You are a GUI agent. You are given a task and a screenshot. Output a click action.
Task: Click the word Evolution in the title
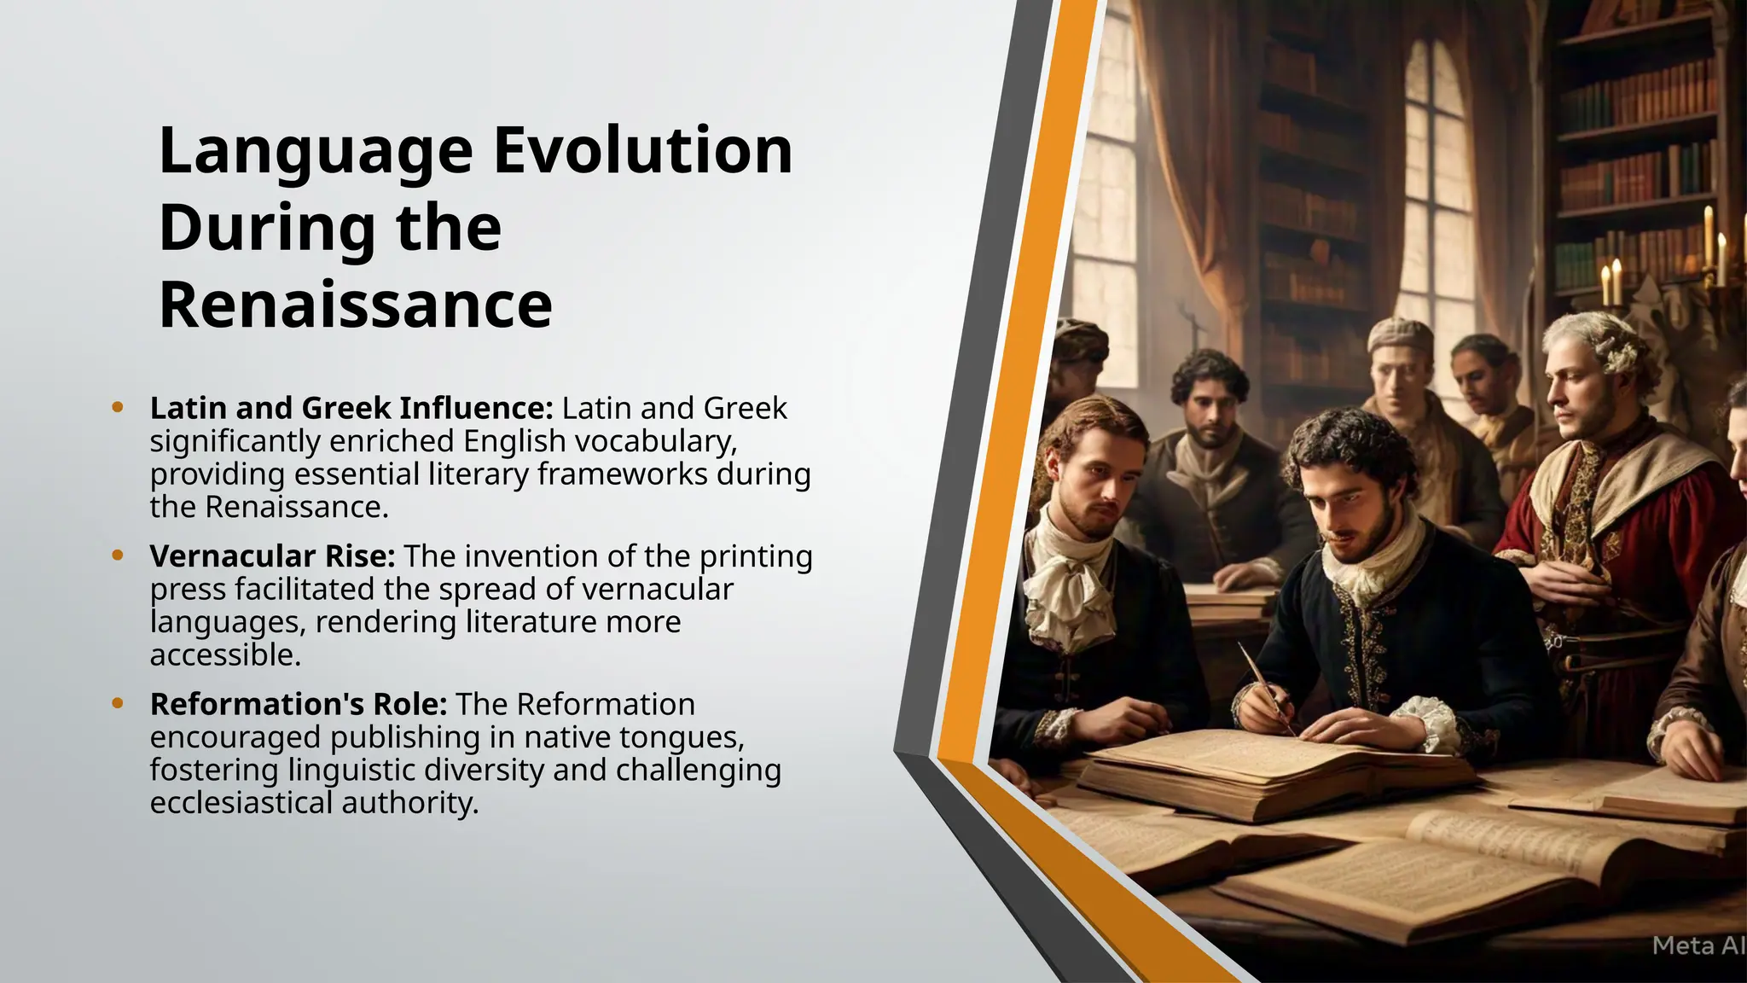tap(643, 150)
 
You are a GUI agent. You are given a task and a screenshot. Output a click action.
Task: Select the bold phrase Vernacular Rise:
tap(272, 556)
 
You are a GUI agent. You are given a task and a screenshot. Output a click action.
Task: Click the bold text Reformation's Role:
tap(299, 705)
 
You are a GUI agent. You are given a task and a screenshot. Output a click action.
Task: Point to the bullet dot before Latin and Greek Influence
tap(118, 407)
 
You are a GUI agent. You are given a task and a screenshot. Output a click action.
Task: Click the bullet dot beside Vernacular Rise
tap(118, 555)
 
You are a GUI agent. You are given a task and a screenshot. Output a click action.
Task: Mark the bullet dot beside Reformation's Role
tap(118, 704)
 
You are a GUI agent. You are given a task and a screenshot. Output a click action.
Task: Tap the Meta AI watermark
tap(1698, 945)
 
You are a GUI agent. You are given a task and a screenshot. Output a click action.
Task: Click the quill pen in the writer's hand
tap(1262, 683)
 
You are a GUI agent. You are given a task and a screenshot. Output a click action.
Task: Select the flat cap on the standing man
tap(1400, 334)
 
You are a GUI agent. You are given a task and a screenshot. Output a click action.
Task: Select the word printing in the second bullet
tap(756, 556)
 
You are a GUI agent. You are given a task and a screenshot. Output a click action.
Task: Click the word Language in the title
tap(316, 150)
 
